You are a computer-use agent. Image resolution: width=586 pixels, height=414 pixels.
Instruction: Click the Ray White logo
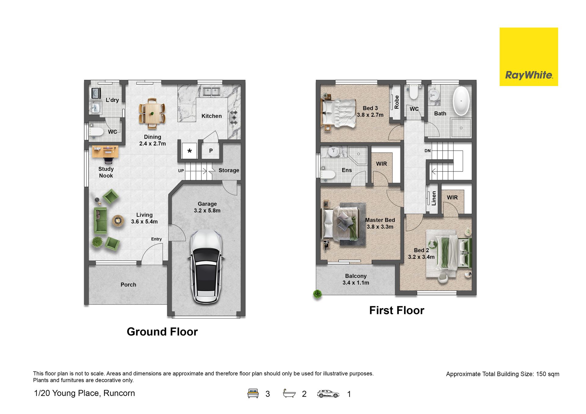tap(529, 57)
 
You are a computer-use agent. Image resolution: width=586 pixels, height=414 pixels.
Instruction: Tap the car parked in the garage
tap(206, 267)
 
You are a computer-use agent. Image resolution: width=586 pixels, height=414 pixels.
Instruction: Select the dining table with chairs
tap(152, 113)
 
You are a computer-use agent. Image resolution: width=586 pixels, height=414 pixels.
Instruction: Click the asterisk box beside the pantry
tap(190, 151)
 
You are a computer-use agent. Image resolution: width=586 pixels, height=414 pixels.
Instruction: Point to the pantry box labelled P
tap(211, 151)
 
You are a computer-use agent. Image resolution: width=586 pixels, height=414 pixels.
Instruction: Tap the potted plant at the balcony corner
tap(317, 294)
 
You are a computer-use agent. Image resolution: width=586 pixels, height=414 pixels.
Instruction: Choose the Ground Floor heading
tap(162, 332)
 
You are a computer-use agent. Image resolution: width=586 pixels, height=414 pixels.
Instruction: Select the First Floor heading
tap(396, 310)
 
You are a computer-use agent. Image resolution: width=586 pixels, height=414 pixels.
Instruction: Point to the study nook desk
tap(105, 152)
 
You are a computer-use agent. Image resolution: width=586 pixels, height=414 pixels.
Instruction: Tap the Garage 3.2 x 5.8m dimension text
tap(207, 207)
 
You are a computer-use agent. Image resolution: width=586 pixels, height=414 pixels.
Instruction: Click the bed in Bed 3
tap(339, 113)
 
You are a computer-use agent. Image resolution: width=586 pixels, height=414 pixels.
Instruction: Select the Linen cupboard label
tap(434, 198)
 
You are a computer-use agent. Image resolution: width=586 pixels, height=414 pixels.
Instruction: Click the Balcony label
tap(356, 276)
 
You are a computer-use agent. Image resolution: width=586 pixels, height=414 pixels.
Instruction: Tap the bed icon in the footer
tap(253, 394)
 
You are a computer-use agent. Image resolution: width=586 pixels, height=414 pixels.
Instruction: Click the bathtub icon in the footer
tap(289, 394)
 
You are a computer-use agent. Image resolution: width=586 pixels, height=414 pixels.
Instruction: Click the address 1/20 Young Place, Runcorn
tap(84, 393)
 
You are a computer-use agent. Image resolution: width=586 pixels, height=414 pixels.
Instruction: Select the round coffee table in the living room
tap(118, 221)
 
